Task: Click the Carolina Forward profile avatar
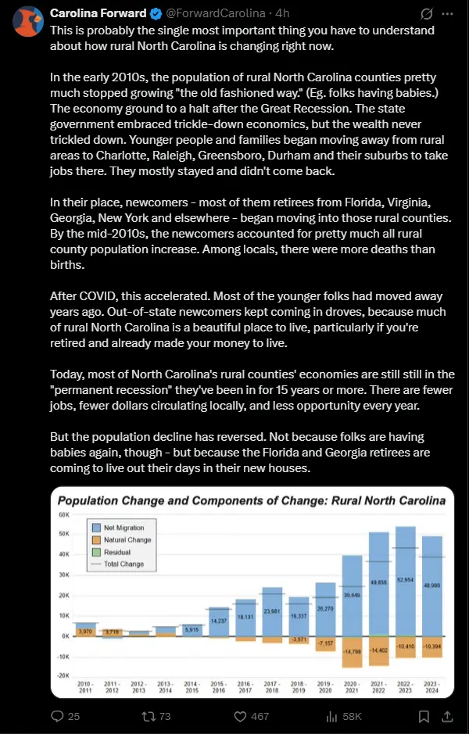(27, 20)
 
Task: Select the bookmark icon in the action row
(424, 716)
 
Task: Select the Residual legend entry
(117, 552)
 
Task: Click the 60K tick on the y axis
(64, 516)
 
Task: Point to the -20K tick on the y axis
(63, 675)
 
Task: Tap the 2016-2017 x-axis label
(245, 686)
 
